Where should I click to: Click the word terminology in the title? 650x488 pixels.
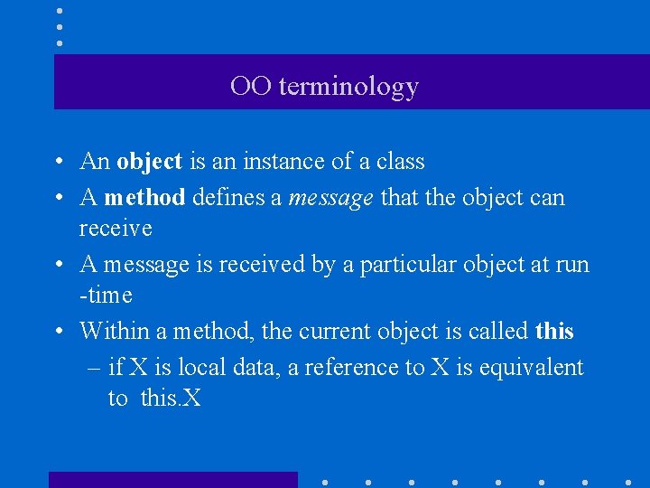(x=348, y=87)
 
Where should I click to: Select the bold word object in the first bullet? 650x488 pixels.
(x=150, y=162)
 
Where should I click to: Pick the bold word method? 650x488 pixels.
(x=144, y=197)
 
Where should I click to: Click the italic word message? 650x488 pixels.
(x=331, y=197)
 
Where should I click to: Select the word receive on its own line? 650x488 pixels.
(x=116, y=229)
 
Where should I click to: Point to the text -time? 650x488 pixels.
(x=106, y=296)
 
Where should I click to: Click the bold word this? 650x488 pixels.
(x=554, y=331)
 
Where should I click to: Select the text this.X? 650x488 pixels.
(x=171, y=399)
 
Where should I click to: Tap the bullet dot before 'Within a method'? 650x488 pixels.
(x=57, y=333)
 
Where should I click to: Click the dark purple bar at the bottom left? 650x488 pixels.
(x=172, y=480)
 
